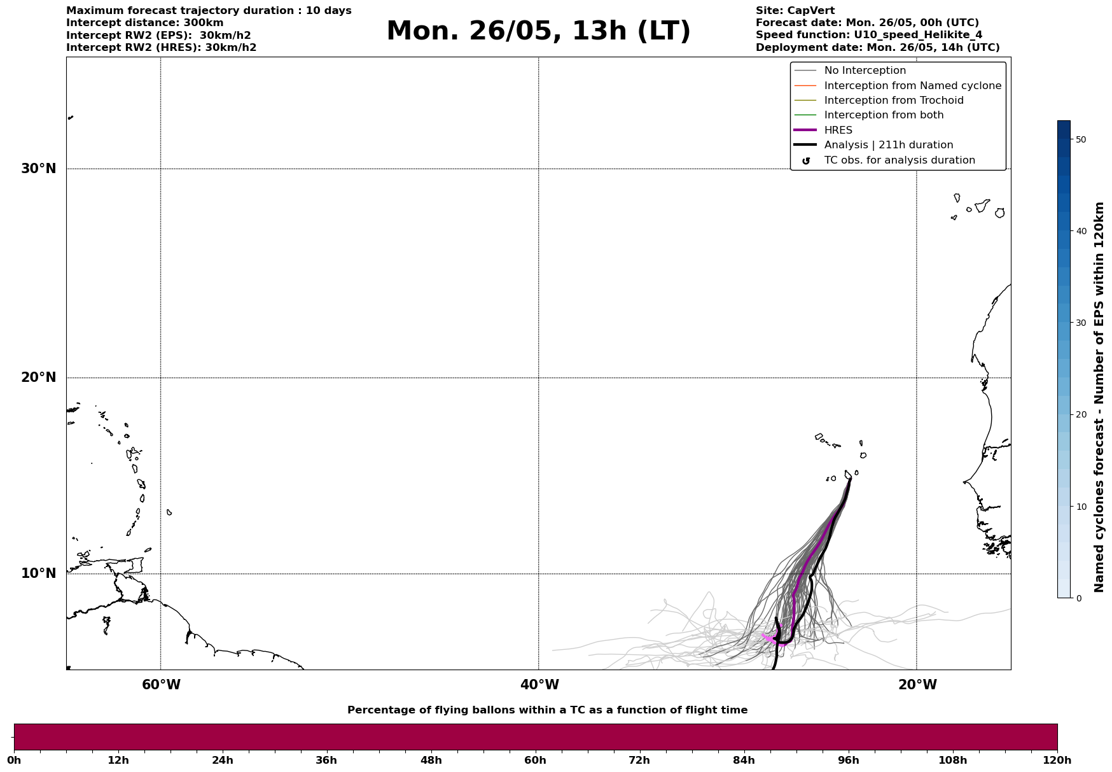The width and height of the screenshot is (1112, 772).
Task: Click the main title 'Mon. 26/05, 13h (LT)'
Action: (538, 31)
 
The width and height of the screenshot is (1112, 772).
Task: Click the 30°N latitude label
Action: (38, 169)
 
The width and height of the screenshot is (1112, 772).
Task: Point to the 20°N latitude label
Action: (38, 377)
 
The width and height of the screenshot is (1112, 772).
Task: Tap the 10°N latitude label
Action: (38, 573)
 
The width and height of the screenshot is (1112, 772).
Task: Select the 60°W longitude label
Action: (161, 685)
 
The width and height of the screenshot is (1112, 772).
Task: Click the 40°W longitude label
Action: (539, 685)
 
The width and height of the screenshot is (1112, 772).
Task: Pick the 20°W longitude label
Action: (917, 685)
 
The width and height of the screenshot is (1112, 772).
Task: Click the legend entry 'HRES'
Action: (838, 130)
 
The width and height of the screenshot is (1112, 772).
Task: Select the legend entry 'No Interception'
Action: (865, 71)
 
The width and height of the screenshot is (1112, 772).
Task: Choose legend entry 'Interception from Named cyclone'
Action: (912, 86)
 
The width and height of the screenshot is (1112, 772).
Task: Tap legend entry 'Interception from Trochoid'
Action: (893, 101)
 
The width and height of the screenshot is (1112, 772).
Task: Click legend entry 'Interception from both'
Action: (884, 115)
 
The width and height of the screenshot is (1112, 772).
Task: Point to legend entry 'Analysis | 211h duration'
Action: (888, 145)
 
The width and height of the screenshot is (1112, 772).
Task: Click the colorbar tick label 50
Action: (1081, 139)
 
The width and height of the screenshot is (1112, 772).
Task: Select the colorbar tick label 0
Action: (1078, 598)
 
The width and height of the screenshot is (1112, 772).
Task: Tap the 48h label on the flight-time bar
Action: (431, 761)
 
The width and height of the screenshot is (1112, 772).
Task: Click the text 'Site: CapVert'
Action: (795, 11)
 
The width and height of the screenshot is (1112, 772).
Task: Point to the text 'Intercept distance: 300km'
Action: (145, 23)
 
